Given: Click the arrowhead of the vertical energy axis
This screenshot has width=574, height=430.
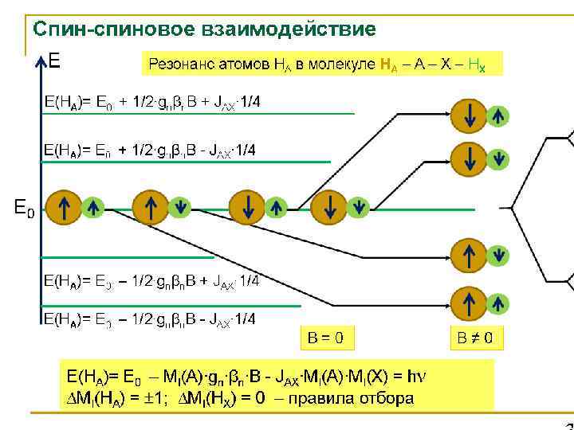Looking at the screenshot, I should click(x=39, y=61).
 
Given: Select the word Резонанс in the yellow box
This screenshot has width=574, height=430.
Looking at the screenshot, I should click(x=178, y=63).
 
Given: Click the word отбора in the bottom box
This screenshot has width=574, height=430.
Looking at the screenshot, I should click(x=385, y=397).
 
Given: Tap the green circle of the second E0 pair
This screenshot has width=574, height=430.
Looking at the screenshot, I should click(x=180, y=208).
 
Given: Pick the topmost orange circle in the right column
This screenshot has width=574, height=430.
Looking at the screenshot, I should click(x=469, y=115).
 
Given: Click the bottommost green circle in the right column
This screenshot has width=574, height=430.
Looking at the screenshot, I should click(x=498, y=304).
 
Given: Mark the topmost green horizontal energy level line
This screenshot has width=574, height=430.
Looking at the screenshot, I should click(x=199, y=113).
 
